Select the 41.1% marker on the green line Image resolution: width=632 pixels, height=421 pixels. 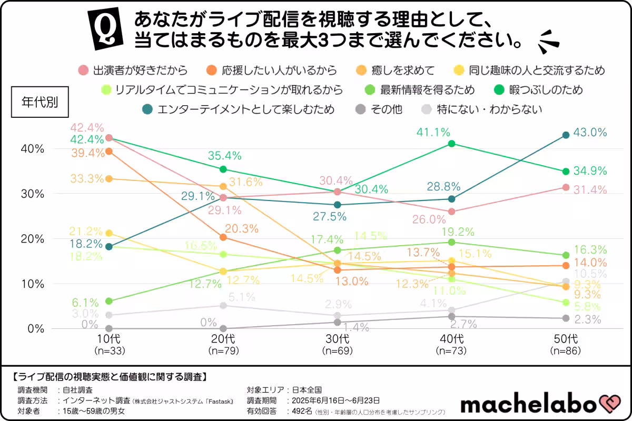[x=451, y=143]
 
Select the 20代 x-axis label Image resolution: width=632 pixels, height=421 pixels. [x=223, y=338]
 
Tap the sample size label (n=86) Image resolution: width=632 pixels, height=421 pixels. [x=566, y=350]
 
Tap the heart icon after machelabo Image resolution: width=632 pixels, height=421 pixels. [x=611, y=404]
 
